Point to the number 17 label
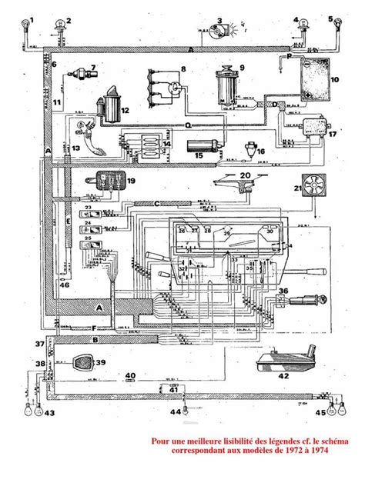[332, 134]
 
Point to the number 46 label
[64, 285]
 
